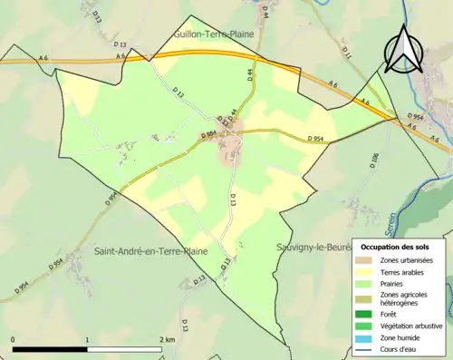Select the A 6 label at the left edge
click(x=43, y=58)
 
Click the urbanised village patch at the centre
click(x=229, y=150)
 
